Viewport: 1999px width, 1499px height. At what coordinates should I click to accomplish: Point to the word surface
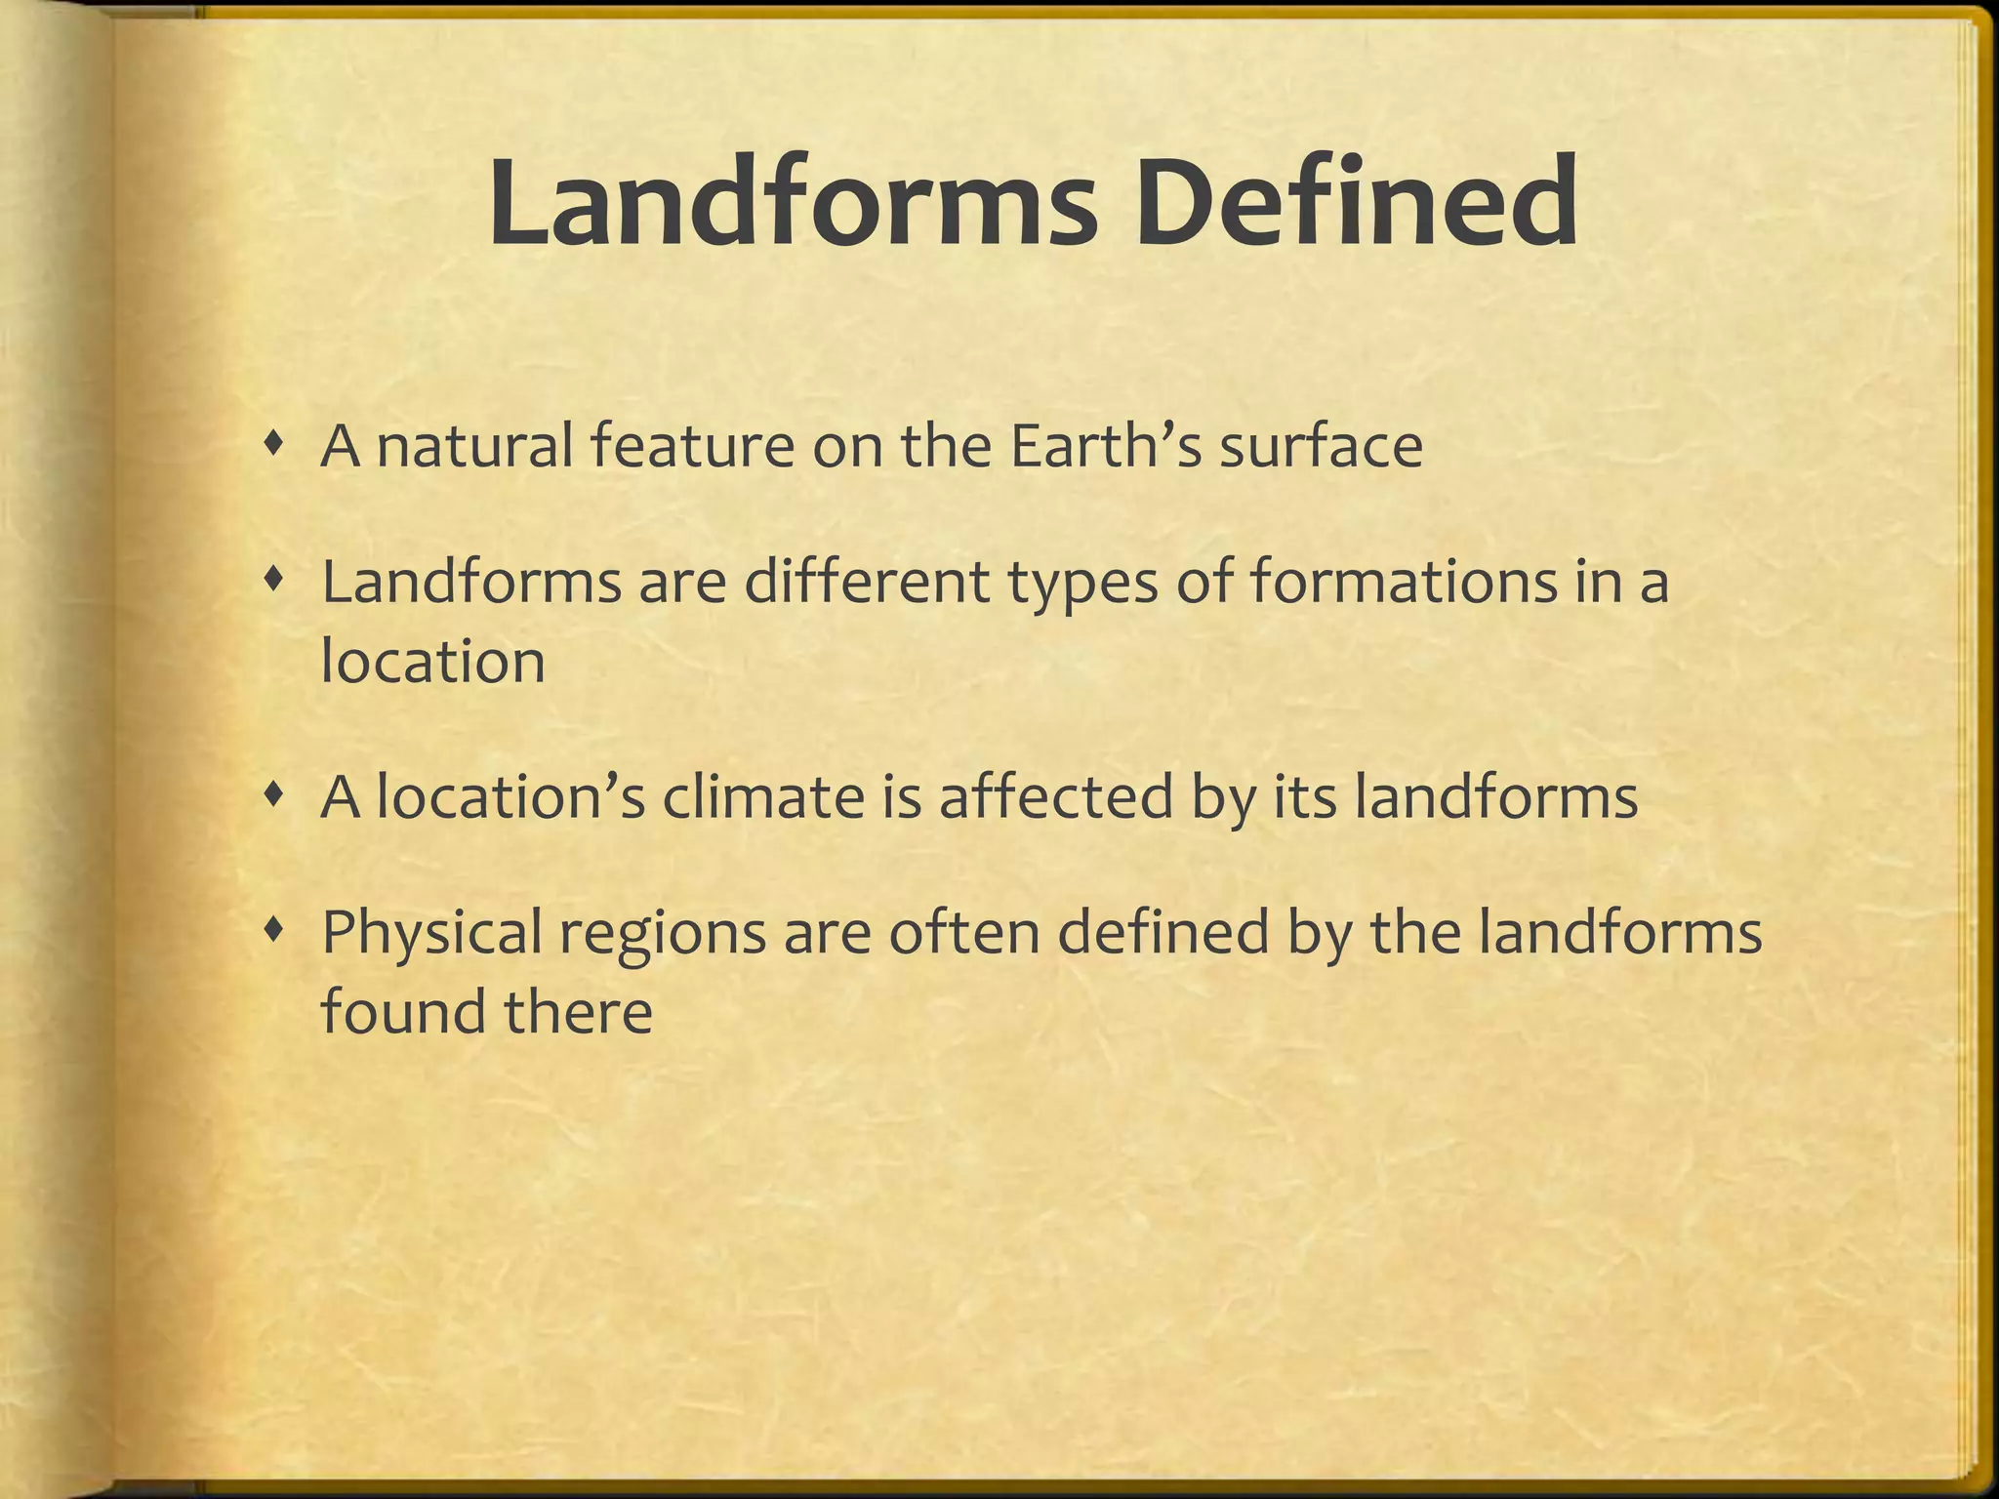click(x=1321, y=447)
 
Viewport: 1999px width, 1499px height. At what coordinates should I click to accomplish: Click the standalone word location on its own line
click(x=432, y=662)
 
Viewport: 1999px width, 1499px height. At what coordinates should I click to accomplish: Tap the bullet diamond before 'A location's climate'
click(x=277, y=796)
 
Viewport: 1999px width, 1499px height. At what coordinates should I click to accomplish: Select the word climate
click(x=763, y=798)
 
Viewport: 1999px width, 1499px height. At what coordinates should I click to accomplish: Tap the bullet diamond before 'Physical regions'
click(x=277, y=931)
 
